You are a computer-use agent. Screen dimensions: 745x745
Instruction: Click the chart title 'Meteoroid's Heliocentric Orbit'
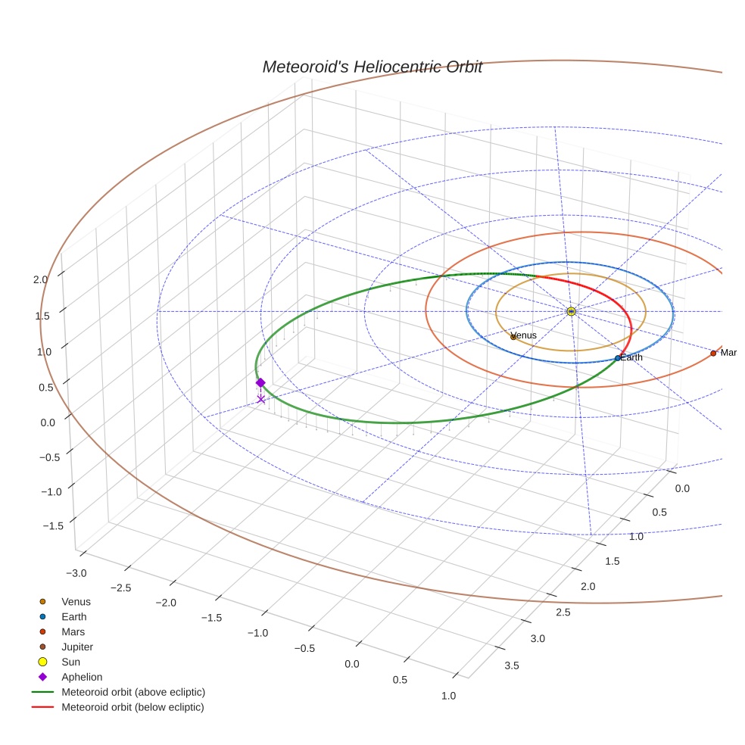coord(372,67)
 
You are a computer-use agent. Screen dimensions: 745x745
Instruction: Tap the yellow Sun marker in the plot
coord(571,311)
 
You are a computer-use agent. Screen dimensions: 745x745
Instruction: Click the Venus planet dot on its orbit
coord(513,337)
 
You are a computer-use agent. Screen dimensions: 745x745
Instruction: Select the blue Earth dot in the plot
coord(618,357)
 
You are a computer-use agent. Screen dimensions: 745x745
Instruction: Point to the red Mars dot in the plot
coord(713,353)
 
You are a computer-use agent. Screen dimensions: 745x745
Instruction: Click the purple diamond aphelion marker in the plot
coord(260,382)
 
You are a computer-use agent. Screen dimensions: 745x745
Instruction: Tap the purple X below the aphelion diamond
coord(261,398)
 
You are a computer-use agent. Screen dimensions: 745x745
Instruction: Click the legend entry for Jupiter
coord(77,647)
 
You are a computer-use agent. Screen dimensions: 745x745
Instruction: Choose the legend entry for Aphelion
coord(82,677)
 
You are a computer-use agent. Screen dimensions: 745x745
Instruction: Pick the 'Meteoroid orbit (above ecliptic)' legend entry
coord(133,692)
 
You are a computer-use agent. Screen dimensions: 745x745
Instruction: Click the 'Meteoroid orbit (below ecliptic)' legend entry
coord(132,707)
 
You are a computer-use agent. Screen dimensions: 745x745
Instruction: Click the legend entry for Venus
coord(76,601)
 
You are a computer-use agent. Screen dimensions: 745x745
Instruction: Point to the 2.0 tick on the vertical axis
coord(41,279)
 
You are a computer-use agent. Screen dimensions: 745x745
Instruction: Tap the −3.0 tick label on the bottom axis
coord(76,572)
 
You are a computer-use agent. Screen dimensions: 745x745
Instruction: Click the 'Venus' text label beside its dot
coord(525,335)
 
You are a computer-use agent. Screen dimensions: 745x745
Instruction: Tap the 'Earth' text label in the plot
coord(632,357)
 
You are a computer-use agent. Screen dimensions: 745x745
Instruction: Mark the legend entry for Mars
coord(73,631)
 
